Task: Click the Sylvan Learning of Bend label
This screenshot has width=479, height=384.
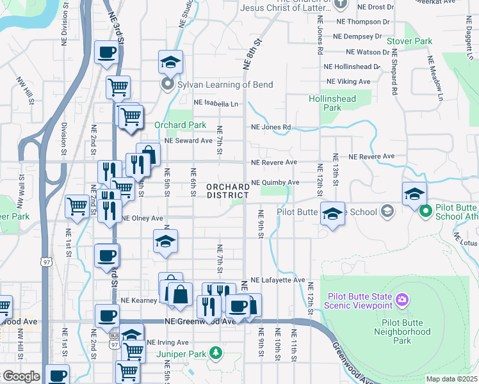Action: (225, 84)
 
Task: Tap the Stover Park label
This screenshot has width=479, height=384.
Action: (410, 42)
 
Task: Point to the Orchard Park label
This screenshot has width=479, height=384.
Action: (181, 125)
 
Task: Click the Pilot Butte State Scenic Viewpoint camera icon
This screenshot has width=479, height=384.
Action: (402, 299)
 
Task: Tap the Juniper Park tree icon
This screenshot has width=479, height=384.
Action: (216, 353)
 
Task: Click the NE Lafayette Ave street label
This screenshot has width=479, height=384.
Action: (278, 280)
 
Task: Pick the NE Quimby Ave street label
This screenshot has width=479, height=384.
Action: (275, 182)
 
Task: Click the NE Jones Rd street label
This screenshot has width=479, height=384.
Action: (271, 127)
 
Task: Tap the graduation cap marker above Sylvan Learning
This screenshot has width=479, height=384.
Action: (171, 63)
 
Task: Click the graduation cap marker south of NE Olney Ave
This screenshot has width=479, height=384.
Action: (166, 242)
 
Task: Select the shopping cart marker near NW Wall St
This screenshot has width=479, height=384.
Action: (77, 207)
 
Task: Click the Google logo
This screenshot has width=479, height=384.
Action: (20, 376)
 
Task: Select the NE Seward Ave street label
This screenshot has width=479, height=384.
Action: (188, 141)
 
